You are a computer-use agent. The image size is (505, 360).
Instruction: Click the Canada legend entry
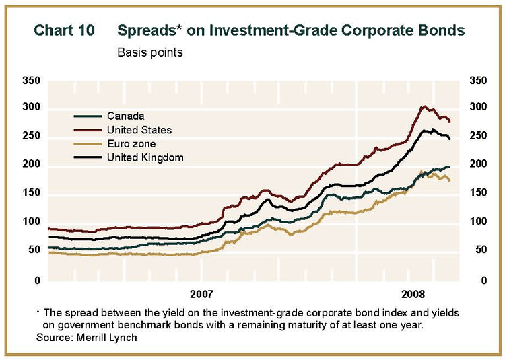pos(125,116)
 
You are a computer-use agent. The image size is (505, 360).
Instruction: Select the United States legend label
pos(139,130)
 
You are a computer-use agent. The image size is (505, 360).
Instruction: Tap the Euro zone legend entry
pos(131,144)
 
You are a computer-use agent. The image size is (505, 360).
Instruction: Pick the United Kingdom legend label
pos(145,157)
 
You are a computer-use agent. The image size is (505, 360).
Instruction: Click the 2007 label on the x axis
pos(201,294)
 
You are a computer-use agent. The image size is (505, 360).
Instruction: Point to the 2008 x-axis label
pos(413,294)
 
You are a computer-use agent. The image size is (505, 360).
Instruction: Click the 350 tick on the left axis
pos(32,81)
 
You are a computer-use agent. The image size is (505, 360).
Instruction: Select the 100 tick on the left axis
pos(32,222)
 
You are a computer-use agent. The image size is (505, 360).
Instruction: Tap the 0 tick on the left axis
pos(37,280)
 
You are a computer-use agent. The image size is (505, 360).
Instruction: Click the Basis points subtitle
pos(149,52)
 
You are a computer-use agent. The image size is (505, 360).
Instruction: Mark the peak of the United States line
pos(423,106)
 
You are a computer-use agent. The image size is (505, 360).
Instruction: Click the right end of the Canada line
pos(449,166)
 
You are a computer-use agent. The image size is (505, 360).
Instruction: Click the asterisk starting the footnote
pos(38,312)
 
